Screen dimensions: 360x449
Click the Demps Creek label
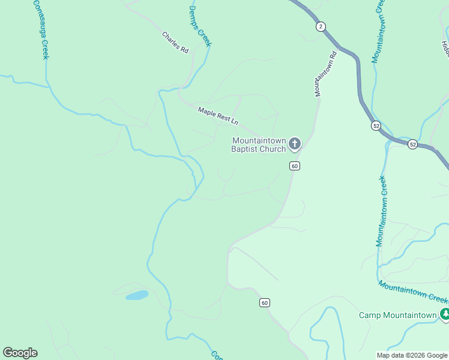(200, 26)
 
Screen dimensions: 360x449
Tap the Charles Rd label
(175, 43)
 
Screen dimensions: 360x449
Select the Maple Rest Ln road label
(218, 115)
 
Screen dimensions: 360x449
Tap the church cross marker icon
(294, 144)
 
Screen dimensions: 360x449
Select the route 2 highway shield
(321, 26)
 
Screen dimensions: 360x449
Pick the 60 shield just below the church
(294, 166)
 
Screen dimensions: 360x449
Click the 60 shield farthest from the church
(265, 302)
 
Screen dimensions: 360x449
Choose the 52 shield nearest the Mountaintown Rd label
(376, 125)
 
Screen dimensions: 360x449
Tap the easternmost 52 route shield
(412, 145)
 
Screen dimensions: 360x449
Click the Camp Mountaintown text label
(397, 315)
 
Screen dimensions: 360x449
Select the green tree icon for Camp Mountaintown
(445, 314)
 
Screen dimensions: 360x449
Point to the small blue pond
(137, 295)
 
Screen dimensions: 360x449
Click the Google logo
(20, 353)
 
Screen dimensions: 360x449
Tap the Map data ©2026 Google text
(412, 355)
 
